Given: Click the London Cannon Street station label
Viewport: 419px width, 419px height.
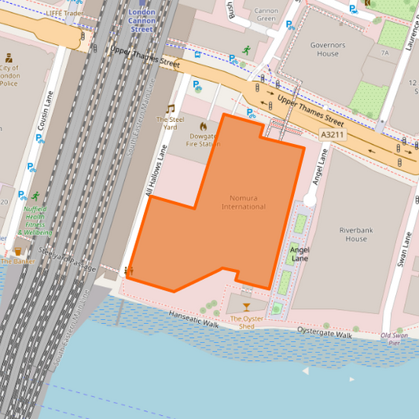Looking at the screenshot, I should [142, 21].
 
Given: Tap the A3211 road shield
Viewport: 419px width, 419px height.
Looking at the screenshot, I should [333, 135].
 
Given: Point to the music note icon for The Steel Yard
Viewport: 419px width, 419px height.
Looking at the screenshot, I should [170, 108].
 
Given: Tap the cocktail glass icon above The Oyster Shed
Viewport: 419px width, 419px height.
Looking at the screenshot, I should [246, 307].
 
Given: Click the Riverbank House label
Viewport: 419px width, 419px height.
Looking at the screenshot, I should [353, 233].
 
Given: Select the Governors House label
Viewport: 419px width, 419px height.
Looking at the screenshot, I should [328, 50].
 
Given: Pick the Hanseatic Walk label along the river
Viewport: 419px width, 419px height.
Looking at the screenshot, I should [192, 318].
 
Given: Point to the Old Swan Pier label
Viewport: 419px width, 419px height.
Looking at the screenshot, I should [395, 340].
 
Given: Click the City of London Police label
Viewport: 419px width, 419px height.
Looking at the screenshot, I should [9, 75].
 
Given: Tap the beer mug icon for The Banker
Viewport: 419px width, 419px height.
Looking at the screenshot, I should [18, 252].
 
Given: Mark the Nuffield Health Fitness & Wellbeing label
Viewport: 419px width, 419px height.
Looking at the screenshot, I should [35, 221].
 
